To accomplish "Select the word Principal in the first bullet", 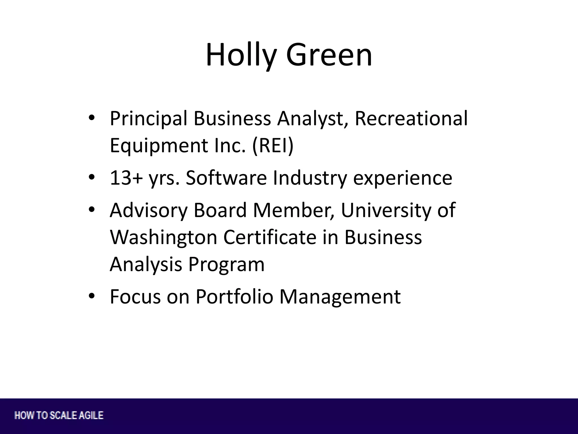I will [148, 119].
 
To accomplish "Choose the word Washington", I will [163, 237].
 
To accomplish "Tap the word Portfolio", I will [235, 297].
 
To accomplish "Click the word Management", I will [340, 297].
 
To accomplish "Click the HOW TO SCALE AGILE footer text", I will [59, 415].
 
